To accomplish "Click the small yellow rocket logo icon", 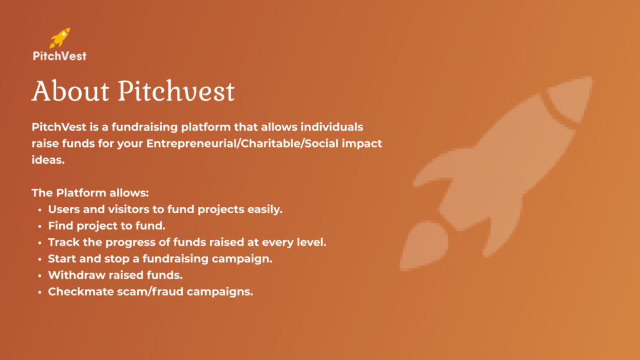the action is [59, 38].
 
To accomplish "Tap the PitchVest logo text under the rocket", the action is [59, 56].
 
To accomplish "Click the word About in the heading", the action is [71, 91].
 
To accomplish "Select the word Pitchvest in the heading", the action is [176, 91].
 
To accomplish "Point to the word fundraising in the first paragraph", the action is [144, 127].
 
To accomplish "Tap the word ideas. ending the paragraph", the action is [48, 159].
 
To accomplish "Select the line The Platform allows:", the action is [90, 192].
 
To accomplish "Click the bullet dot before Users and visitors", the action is [39, 210].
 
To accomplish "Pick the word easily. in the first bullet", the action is [265, 209].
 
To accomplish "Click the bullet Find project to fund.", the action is [106, 226].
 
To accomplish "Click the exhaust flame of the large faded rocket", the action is [423, 246].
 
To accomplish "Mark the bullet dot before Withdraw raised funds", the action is [39, 276].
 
